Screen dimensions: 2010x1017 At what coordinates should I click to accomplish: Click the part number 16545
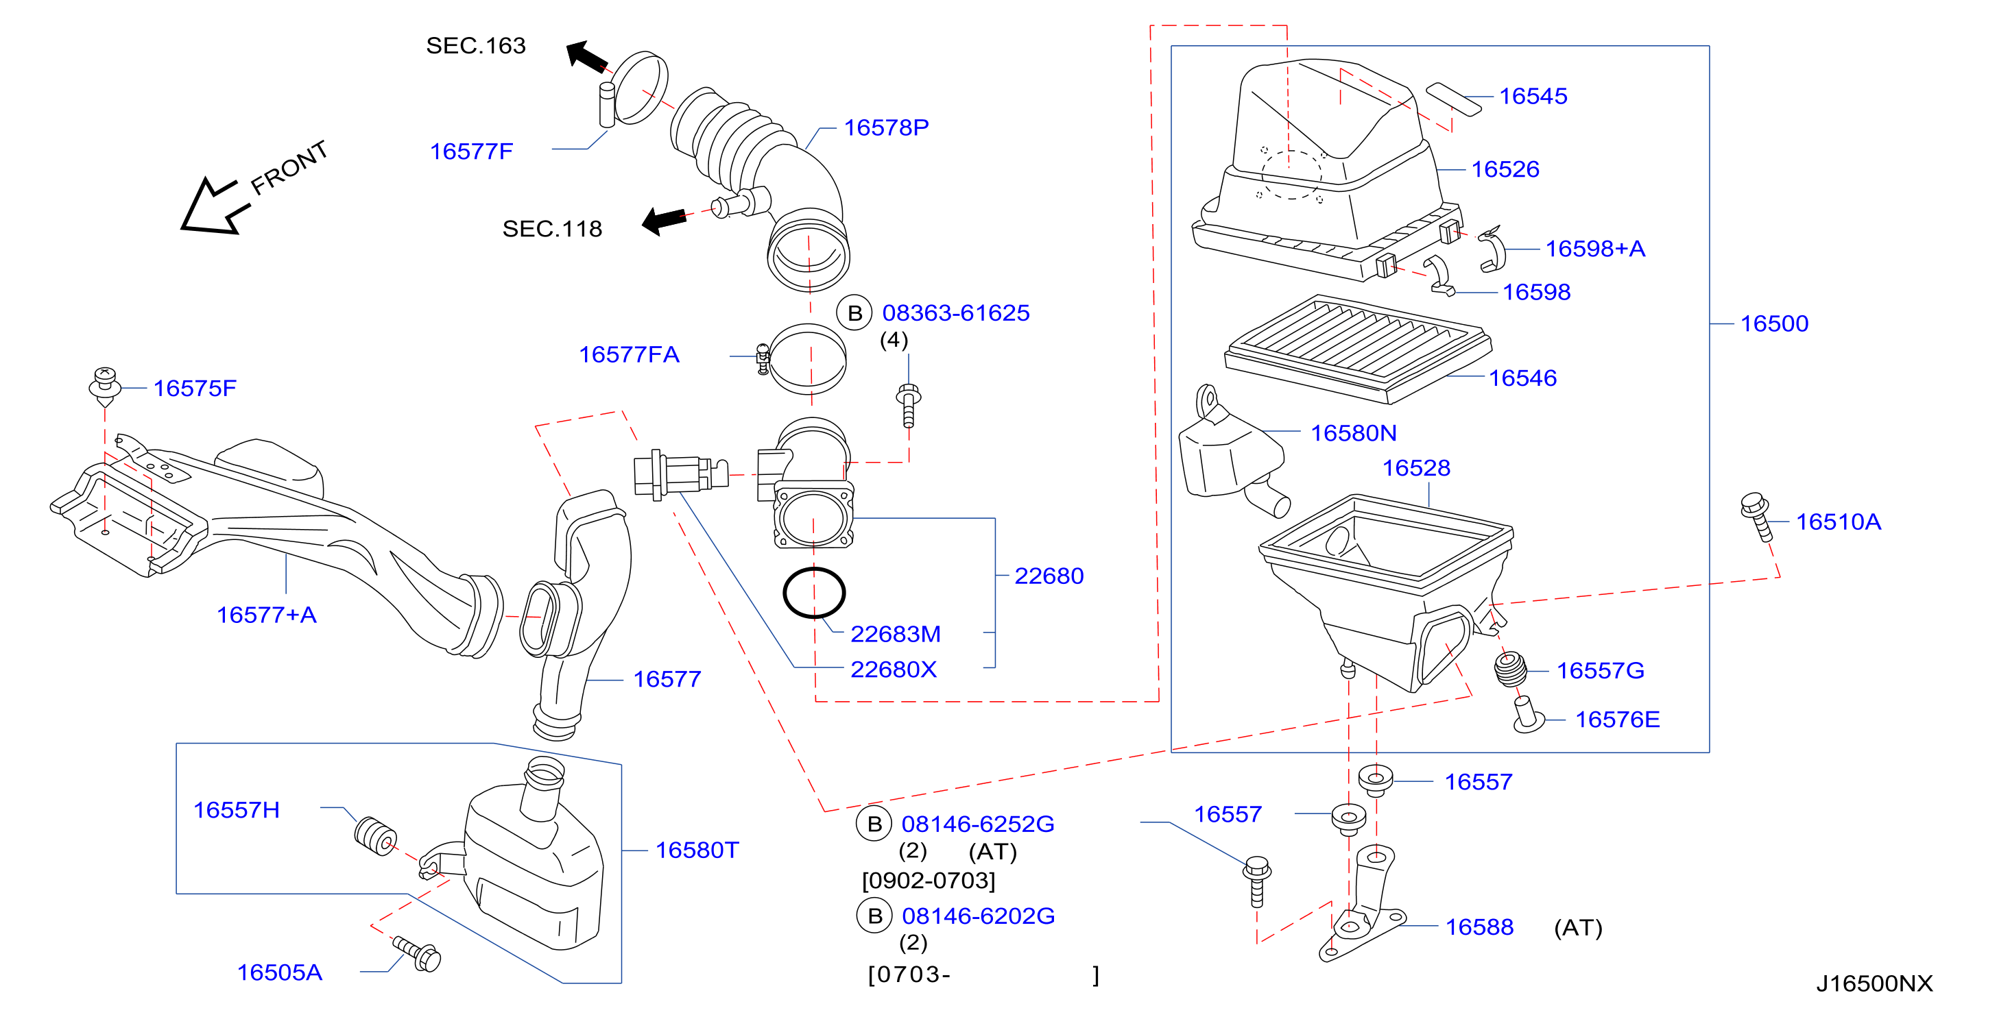[1533, 96]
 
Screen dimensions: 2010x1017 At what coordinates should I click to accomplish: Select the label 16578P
[887, 127]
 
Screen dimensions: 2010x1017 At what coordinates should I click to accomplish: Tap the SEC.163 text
[476, 45]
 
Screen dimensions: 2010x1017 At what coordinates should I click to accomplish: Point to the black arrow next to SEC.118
[664, 220]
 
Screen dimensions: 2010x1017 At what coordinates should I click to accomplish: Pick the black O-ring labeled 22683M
[814, 593]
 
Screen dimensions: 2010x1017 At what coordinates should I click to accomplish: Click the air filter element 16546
[1359, 349]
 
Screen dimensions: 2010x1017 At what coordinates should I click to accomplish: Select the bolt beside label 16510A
[1756, 515]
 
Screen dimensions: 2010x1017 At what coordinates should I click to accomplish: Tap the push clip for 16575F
[106, 386]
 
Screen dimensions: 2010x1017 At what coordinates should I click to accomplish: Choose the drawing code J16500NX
[1874, 983]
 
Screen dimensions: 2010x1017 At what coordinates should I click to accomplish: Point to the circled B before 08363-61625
[854, 313]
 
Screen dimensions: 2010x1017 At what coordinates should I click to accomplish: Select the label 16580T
[697, 849]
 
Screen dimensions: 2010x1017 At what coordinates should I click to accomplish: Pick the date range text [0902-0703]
[929, 881]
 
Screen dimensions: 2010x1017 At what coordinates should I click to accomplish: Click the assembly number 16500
[1774, 323]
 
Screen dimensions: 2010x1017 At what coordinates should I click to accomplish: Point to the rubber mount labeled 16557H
[375, 835]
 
